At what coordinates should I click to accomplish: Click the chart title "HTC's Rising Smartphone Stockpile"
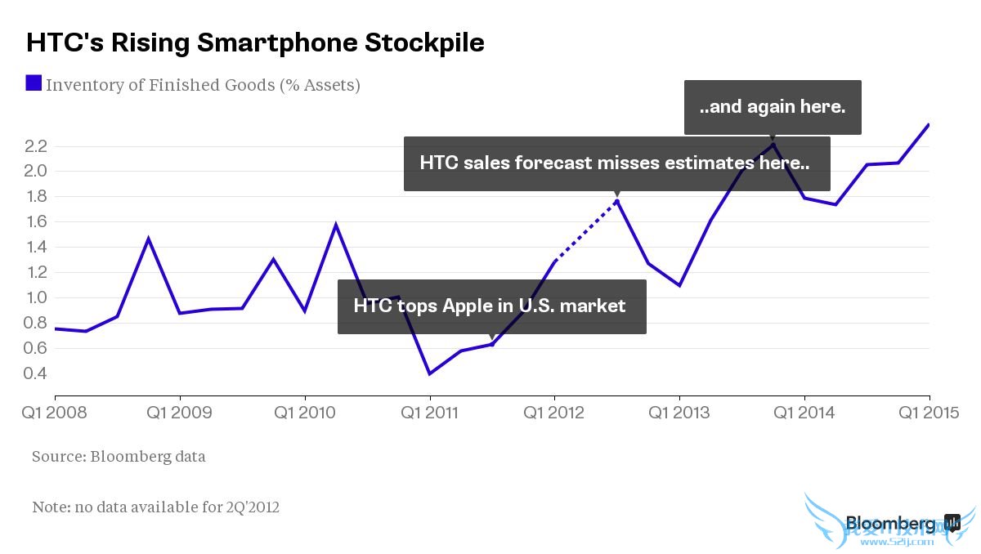click(255, 42)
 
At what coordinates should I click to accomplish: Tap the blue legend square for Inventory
click(34, 83)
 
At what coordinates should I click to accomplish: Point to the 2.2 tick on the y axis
click(37, 146)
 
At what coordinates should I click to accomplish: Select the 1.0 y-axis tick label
click(37, 297)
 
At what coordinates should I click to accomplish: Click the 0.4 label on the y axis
click(37, 373)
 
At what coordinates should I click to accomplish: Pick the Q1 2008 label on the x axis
click(54, 413)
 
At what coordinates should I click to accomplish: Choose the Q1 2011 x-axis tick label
click(429, 413)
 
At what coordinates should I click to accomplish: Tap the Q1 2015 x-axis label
click(930, 413)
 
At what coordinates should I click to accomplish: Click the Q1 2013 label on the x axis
click(679, 413)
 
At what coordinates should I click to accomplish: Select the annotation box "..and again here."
click(773, 107)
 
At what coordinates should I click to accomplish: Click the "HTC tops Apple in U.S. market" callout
click(491, 306)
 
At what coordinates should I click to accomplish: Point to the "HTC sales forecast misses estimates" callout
click(616, 163)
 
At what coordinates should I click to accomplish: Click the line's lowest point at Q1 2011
click(430, 373)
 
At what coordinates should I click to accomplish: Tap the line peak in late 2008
click(148, 239)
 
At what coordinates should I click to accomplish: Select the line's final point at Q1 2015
click(929, 125)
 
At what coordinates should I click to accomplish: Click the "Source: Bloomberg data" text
click(119, 457)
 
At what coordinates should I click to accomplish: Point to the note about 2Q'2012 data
click(155, 507)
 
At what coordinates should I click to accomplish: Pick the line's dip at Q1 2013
click(679, 285)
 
